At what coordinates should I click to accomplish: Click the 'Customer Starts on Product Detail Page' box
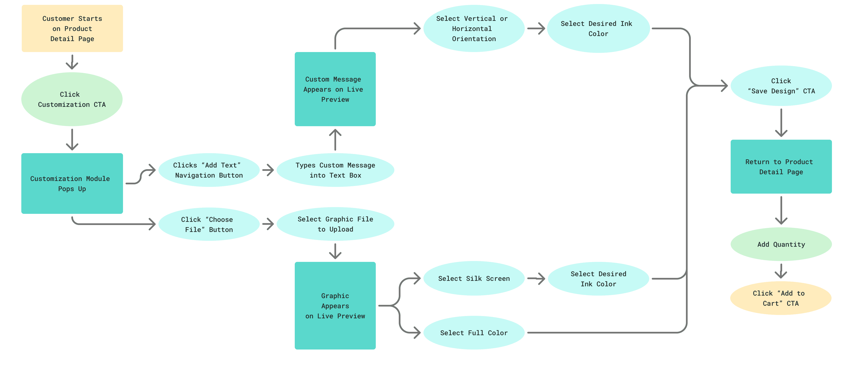click(x=72, y=28)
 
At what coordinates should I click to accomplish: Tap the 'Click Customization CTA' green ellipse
click(x=72, y=99)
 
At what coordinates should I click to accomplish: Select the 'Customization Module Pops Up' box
click(x=72, y=183)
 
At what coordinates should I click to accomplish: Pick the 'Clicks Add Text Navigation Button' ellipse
click(x=209, y=170)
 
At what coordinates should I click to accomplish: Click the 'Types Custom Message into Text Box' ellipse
click(x=335, y=170)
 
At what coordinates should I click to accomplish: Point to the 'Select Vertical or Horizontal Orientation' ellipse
click(x=473, y=28)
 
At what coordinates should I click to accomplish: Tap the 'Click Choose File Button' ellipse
click(x=209, y=224)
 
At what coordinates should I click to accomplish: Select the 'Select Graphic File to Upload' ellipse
click(x=335, y=224)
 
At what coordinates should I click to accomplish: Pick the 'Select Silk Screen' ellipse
click(x=473, y=278)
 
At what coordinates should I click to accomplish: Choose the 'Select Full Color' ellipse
click(x=473, y=333)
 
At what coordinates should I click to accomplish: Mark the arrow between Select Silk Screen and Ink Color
click(x=536, y=278)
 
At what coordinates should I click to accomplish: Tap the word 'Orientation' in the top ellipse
click(x=473, y=39)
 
